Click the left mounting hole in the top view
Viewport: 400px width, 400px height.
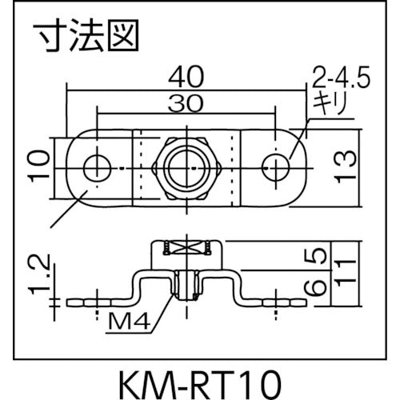98,167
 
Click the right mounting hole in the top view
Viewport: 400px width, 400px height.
278,167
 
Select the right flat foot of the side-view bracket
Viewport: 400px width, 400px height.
280,302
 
